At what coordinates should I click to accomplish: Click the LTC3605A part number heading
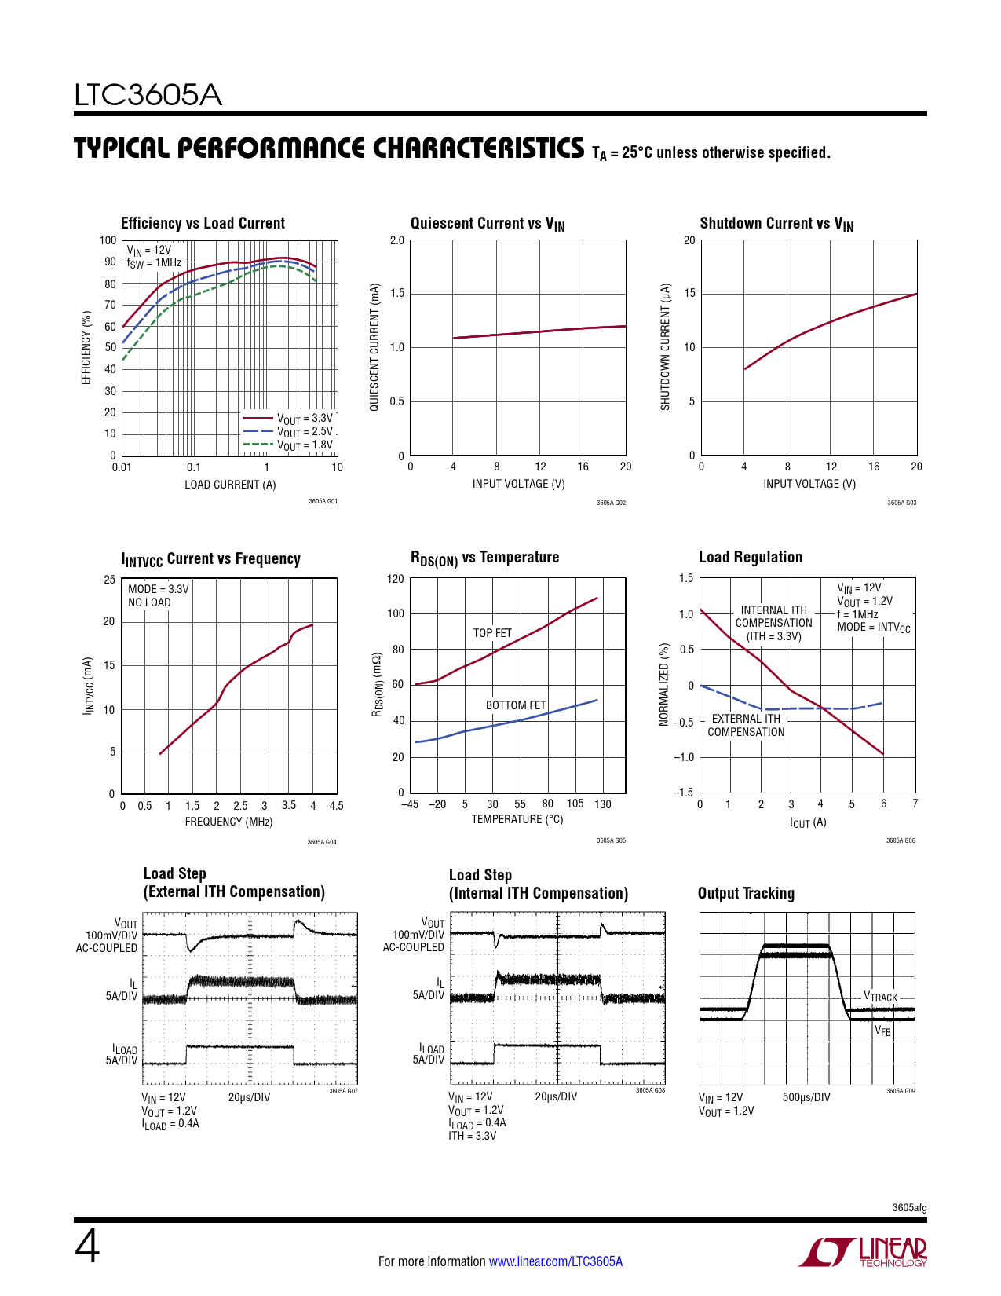point(148,95)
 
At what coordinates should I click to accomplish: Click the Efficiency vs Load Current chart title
point(203,223)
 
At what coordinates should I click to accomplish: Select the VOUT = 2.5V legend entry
point(305,432)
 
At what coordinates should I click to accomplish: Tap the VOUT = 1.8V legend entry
point(305,445)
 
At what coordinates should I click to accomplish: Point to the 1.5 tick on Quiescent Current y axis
point(397,294)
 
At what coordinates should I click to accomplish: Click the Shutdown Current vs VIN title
point(776,224)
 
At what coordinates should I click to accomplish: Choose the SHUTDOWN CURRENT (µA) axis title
point(666,346)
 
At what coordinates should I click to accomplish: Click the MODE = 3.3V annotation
point(158,589)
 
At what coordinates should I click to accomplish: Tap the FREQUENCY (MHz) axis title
point(228,822)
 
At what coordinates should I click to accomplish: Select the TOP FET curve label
point(492,633)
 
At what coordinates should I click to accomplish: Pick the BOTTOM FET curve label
point(515,705)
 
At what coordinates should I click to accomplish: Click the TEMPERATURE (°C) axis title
point(517,819)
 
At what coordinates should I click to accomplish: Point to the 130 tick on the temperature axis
point(602,804)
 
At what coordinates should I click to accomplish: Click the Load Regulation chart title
point(751,557)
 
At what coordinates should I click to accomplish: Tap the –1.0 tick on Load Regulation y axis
point(685,757)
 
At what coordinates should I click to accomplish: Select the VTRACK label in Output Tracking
point(880,997)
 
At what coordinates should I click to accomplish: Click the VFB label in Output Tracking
point(883,1031)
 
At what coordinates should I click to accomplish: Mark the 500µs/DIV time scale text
point(806,1097)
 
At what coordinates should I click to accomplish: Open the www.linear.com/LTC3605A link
point(556,1261)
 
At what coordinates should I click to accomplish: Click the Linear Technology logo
point(863,1252)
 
